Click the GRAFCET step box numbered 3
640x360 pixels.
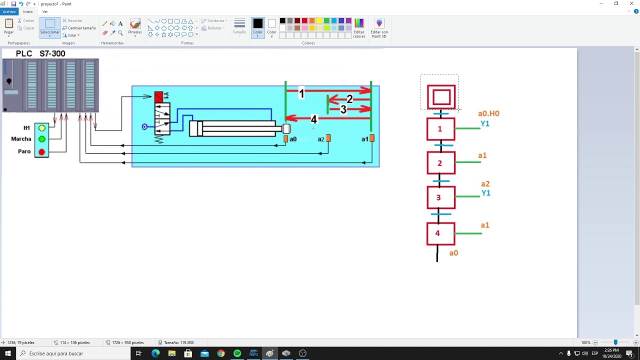click(441, 197)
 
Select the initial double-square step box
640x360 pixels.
click(441, 97)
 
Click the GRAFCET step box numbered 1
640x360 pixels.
click(440, 129)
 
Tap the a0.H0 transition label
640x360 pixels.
click(488, 113)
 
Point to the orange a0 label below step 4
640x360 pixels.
click(453, 253)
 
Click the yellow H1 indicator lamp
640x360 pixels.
click(42, 128)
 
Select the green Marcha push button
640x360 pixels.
click(42, 139)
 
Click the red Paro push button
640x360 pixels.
click(42, 151)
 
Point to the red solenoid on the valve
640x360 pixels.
click(159, 96)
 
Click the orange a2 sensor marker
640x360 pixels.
click(328, 138)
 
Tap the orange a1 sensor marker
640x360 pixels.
click(371, 138)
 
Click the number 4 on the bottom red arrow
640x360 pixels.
click(313, 119)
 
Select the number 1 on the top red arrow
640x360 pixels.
click(301, 93)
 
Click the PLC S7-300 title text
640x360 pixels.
click(40, 53)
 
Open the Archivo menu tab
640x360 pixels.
click(9, 11)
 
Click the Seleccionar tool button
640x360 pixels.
click(50, 27)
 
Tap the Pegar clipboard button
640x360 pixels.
click(9, 27)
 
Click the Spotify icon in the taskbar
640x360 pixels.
click(237, 353)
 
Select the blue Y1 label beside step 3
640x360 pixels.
click(485, 193)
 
